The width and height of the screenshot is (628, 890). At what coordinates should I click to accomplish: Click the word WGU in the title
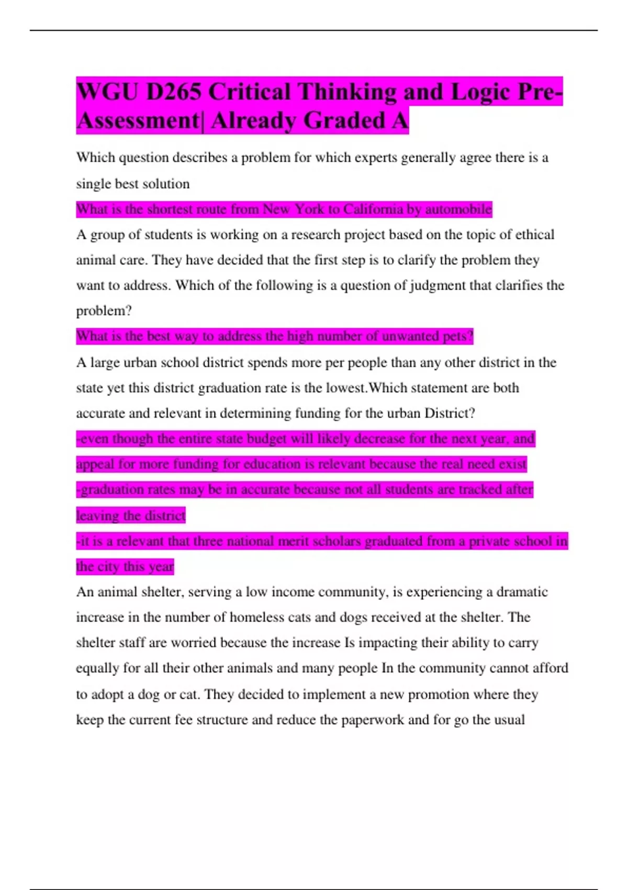pyautogui.click(x=107, y=92)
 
